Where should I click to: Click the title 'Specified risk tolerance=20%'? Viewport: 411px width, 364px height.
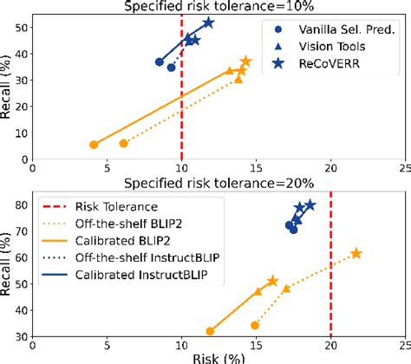coord(219,184)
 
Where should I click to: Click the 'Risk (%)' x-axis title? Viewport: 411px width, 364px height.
coord(219,356)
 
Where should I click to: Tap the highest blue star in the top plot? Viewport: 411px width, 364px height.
coord(208,23)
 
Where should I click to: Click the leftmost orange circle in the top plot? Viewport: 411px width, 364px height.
coord(94,145)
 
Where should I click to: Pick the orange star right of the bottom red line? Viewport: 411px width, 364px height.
coord(356,253)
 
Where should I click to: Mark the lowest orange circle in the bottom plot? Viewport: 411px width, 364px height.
coord(210,331)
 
